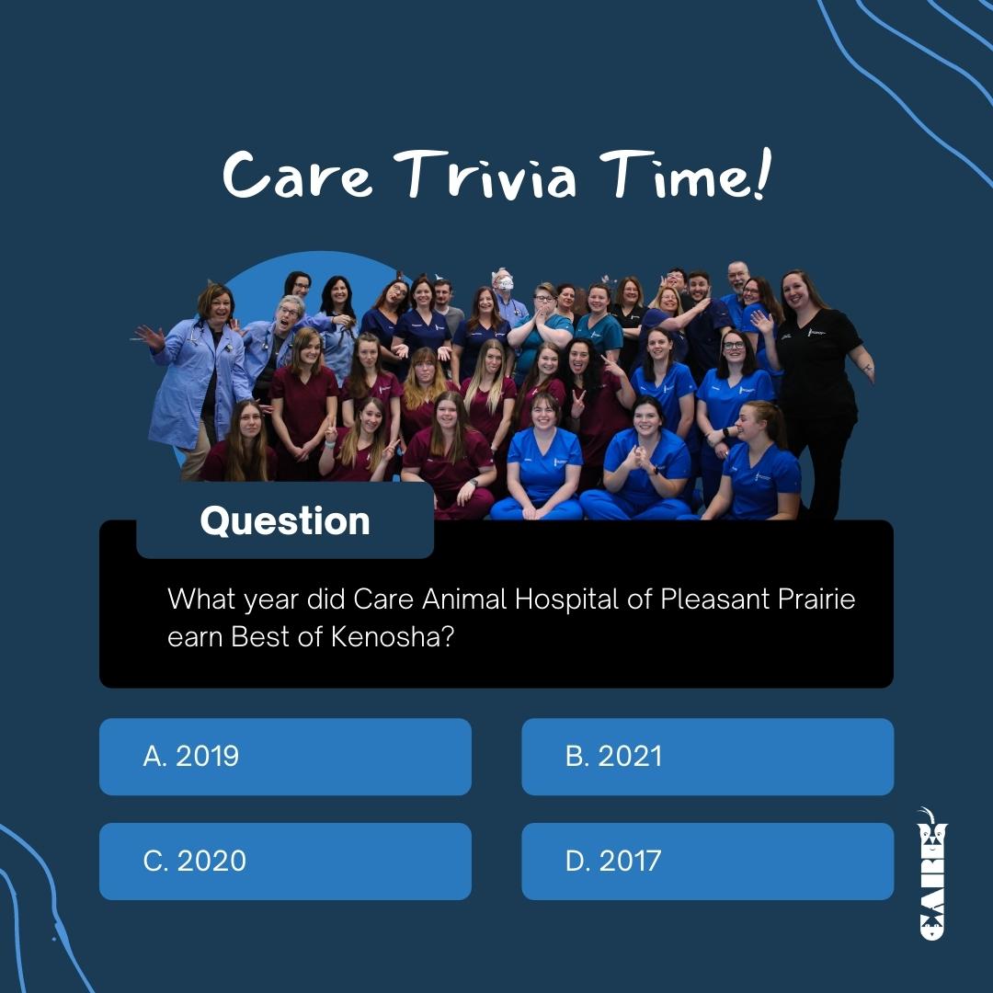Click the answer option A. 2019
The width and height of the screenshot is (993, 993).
point(285,756)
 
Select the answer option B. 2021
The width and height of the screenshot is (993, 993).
point(707,756)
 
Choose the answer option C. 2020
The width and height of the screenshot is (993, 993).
point(285,862)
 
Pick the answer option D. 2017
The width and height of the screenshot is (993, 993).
point(707,862)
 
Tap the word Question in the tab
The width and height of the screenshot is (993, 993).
point(285,521)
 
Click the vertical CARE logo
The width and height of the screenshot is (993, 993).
point(931,873)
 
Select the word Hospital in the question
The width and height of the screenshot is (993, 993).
point(566,599)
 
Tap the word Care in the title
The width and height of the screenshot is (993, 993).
point(297,174)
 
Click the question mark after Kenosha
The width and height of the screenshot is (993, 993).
point(446,637)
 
